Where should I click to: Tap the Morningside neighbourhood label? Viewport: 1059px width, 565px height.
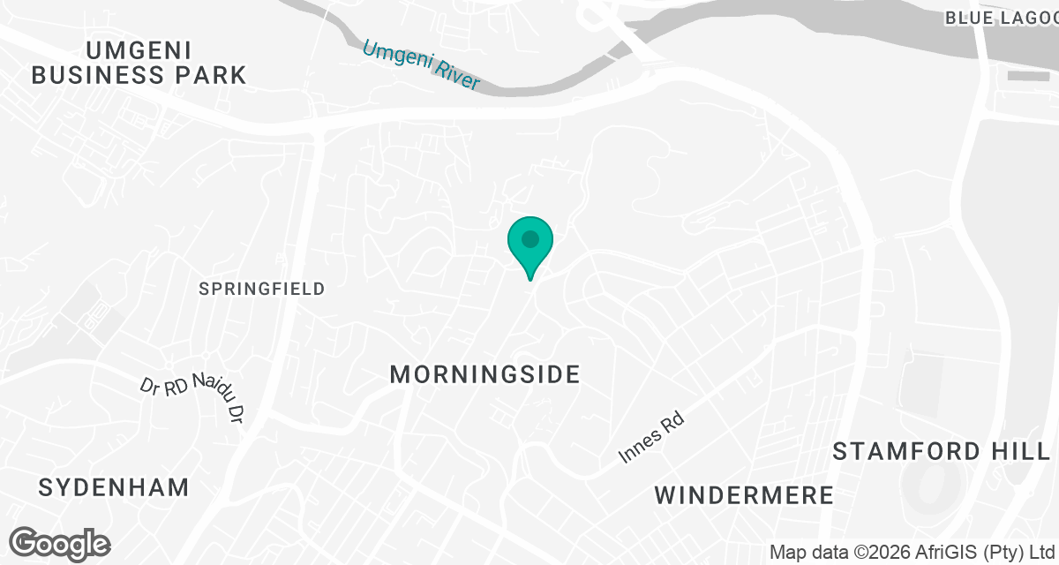tap(484, 374)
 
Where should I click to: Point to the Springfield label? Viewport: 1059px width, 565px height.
tap(262, 289)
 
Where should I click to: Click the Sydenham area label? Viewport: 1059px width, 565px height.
tap(115, 486)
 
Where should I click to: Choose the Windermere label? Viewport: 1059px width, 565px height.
tap(744, 494)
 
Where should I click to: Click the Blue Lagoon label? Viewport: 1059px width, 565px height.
tap(1001, 18)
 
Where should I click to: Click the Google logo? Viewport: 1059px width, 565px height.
tap(60, 543)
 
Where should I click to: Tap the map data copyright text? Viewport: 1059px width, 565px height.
tap(913, 553)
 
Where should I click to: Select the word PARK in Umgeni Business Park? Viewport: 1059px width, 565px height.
tap(209, 75)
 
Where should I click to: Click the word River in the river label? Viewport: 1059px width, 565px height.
tap(455, 76)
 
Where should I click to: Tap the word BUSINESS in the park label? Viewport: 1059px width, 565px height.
tap(94, 75)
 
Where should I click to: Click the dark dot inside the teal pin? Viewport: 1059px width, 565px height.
tap(529, 239)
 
